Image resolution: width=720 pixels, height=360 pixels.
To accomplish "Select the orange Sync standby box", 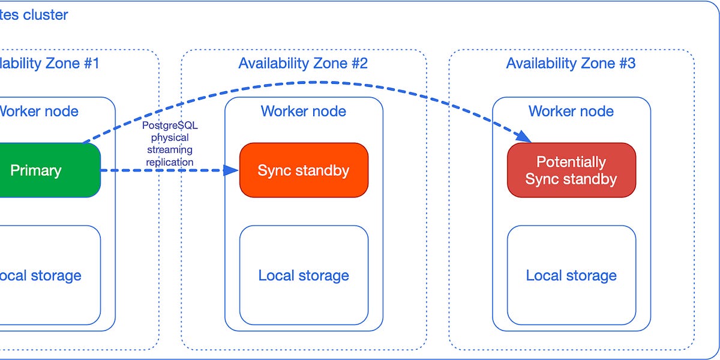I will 304,170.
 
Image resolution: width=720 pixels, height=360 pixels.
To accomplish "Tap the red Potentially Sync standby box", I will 571,170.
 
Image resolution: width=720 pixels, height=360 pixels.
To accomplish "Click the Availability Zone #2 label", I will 303,63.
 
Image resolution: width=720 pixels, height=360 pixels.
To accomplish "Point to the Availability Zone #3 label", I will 571,63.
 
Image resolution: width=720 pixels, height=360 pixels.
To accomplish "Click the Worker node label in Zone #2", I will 304,111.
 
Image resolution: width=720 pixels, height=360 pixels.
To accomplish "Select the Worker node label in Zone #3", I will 571,111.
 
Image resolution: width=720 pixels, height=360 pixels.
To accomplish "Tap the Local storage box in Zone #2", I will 304,275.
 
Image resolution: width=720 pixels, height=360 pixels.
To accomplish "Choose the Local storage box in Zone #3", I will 571,275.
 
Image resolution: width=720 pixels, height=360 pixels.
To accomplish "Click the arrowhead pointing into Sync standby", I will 232,170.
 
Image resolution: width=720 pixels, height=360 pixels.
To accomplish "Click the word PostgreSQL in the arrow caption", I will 170,125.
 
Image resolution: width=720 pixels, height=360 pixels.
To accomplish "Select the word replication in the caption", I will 170,162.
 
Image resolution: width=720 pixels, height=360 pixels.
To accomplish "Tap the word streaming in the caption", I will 170,150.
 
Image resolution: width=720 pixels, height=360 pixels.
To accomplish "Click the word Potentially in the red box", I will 571,162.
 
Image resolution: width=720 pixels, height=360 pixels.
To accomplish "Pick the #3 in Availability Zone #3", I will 626,63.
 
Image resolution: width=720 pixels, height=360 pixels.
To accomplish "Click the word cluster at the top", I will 46,15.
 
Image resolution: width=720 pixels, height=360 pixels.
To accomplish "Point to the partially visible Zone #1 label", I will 48,63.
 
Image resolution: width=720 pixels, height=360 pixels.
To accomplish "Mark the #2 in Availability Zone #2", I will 359,63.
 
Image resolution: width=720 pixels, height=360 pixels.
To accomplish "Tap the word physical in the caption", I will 170,138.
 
